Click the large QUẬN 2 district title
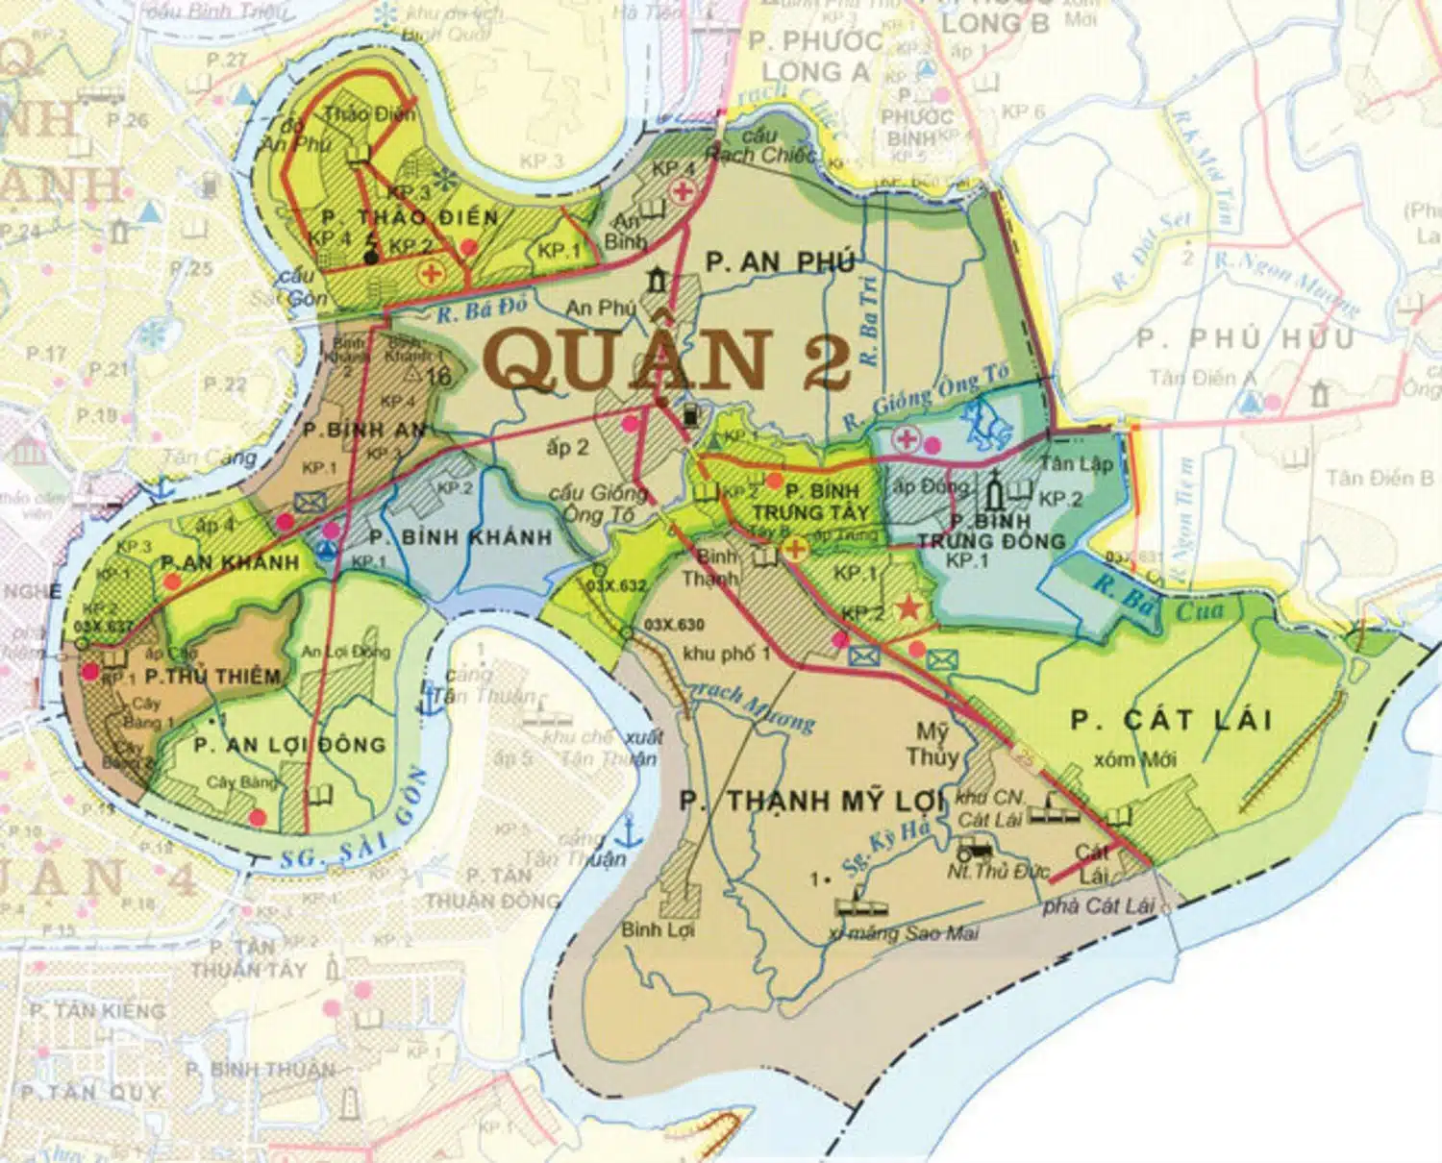pyautogui.click(x=670, y=359)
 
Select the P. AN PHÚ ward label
pyautogui.click(x=780, y=261)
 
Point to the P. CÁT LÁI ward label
pyautogui.click(x=1171, y=720)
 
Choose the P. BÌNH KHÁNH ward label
pyautogui.click(x=460, y=537)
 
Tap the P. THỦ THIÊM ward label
pyautogui.click(x=212, y=677)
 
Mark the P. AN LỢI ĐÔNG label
pyautogui.click(x=289, y=745)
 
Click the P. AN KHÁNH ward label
pyautogui.click(x=230, y=562)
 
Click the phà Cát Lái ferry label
pyautogui.click(x=1098, y=905)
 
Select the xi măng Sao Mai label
pyautogui.click(x=903, y=932)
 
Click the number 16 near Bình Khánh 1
pyautogui.click(x=438, y=376)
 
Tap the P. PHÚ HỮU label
pyautogui.click(x=1245, y=338)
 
